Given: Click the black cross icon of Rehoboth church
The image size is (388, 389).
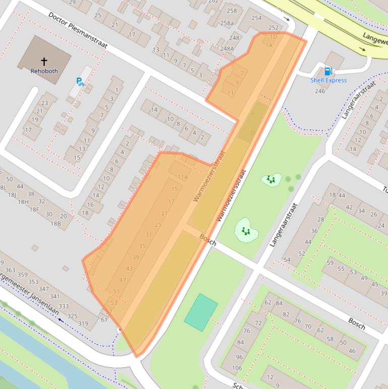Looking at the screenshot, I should coord(44,62).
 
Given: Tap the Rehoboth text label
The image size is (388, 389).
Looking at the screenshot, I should coord(44,71).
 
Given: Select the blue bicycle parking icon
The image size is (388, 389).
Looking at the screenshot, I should coord(80,81).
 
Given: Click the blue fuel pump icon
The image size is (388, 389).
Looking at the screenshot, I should coord(328,71).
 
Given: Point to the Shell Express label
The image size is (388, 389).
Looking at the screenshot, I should coord(328,80).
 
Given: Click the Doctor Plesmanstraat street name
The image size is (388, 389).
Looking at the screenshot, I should coord(78,30).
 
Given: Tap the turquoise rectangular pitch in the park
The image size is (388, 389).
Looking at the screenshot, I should coord(201,312).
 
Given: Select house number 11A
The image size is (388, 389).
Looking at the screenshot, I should coord(183,177).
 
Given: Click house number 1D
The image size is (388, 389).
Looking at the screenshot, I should coord(273,37).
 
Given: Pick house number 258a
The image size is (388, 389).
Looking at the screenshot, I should coord(227,23).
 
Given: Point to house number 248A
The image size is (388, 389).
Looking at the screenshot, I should coord(227,49).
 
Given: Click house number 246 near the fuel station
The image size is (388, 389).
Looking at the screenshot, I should coord(320,91).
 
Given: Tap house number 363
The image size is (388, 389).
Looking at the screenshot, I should coord(10,271).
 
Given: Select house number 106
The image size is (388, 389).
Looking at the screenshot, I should coord(237,368).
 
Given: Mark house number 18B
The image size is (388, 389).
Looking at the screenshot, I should coord(55,223).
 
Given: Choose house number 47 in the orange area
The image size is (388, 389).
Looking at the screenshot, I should coord(123,280).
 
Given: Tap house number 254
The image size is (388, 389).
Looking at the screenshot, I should coord(256,18).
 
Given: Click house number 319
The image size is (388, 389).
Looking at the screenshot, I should coord(83,324).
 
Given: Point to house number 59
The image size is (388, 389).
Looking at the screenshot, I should coord(330,263).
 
